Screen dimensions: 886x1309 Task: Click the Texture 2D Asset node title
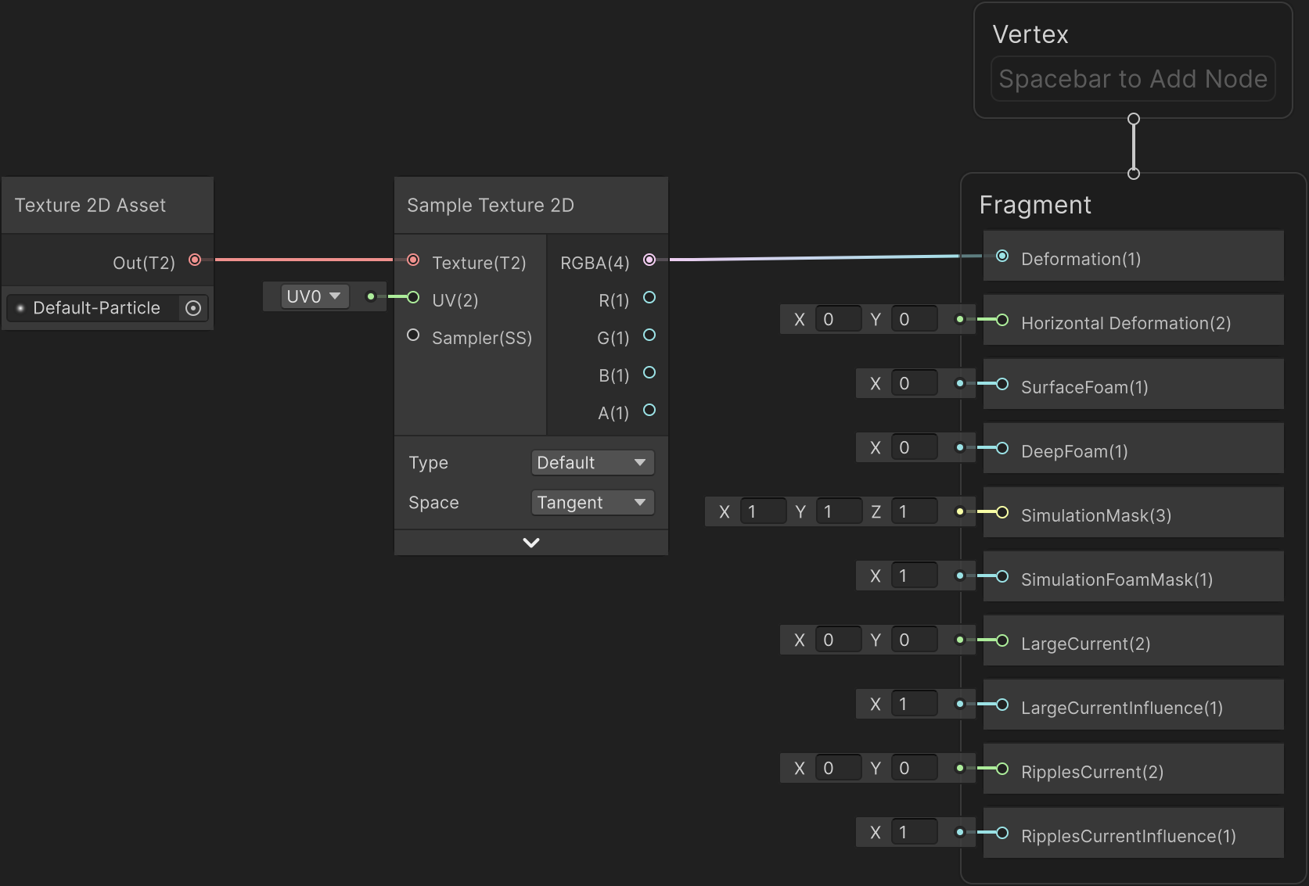click(90, 206)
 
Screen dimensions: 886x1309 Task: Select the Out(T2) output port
click(195, 260)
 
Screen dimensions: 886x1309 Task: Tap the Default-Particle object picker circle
click(193, 308)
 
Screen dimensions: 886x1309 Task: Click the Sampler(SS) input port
click(413, 335)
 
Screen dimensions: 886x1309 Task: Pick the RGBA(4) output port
click(649, 260)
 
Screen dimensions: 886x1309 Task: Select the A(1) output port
click(649, 410)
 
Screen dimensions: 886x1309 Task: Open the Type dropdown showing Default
click(592, 462)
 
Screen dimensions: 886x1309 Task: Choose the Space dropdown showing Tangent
click(592, 502)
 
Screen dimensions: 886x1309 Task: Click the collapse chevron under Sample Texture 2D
click(531, 543)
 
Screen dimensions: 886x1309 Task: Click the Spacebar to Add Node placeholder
click(1133, 79)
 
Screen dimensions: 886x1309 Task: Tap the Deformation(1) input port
click(1002, 256)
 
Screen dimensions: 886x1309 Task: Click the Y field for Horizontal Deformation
click(914, 319)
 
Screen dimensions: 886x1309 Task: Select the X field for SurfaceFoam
click(914, 383)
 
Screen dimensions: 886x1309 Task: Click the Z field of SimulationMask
click(914, 511)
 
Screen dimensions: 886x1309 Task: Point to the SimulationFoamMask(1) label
click(1117, 579)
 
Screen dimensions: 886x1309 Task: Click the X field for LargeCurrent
click(837, 640)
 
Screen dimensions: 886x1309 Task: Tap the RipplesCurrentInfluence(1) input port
click(1002, 833)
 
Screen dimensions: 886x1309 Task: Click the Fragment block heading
click(1035, 205)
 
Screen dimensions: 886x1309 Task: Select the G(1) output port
click(649, 335)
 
